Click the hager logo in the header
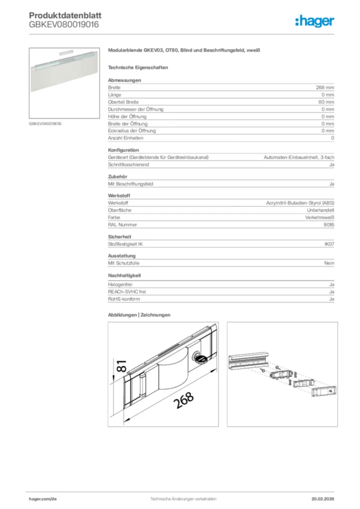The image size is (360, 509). (315, 21)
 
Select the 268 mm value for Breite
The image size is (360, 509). (325, 87)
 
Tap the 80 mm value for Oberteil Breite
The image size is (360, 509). (326, 102)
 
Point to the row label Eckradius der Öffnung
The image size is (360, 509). (132, 131)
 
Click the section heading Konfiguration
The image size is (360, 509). (123, 150)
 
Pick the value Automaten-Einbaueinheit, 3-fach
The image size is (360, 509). (298, 157)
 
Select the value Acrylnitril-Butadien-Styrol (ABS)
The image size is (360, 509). (300, 203)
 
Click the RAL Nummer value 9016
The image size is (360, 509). (329, 225)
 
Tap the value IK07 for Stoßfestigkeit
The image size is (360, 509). (329, 244)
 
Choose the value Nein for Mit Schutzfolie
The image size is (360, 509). (329, 263)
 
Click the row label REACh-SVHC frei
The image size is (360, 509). (127, 292)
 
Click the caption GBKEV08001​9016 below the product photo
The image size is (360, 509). (45, 123)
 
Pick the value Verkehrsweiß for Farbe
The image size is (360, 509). (320, 218)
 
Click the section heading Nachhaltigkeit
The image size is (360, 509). (125, 275)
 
